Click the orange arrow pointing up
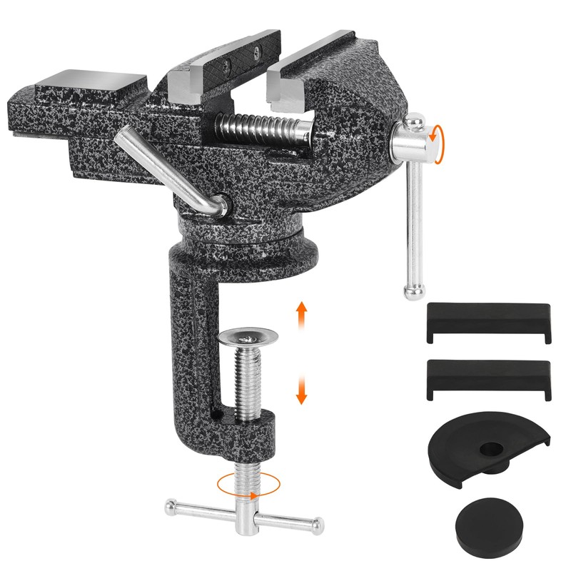click(x=301, y=312)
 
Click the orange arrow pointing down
click(x=301, y=389)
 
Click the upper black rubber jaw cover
click(x=488, y=322)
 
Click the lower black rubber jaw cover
click(x=488, y=378)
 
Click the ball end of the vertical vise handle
click(x=414, y=290)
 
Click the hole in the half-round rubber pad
click(x=491, y=450)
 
